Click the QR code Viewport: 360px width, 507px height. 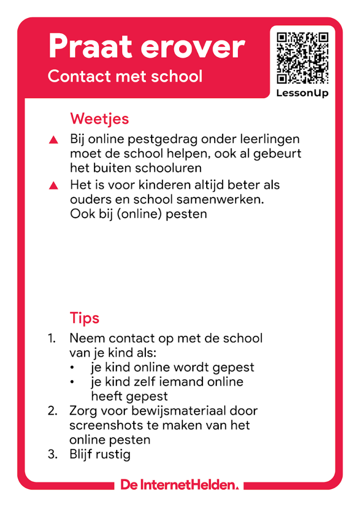click(x=302, y=57)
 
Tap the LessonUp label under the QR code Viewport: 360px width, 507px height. click(x=302, y=93)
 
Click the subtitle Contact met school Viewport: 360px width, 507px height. click(x=125, y=76)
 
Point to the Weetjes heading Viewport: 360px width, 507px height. click(x=99, y=119)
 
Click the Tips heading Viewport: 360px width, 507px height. click(x=85, y=318)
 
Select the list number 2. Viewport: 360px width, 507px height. click(x=52, y=411)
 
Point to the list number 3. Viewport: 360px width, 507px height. click(x=52, y=454)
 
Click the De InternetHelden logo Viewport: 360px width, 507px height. click(x=180, y=485)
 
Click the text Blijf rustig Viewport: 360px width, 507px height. click(x=100, y=454)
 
